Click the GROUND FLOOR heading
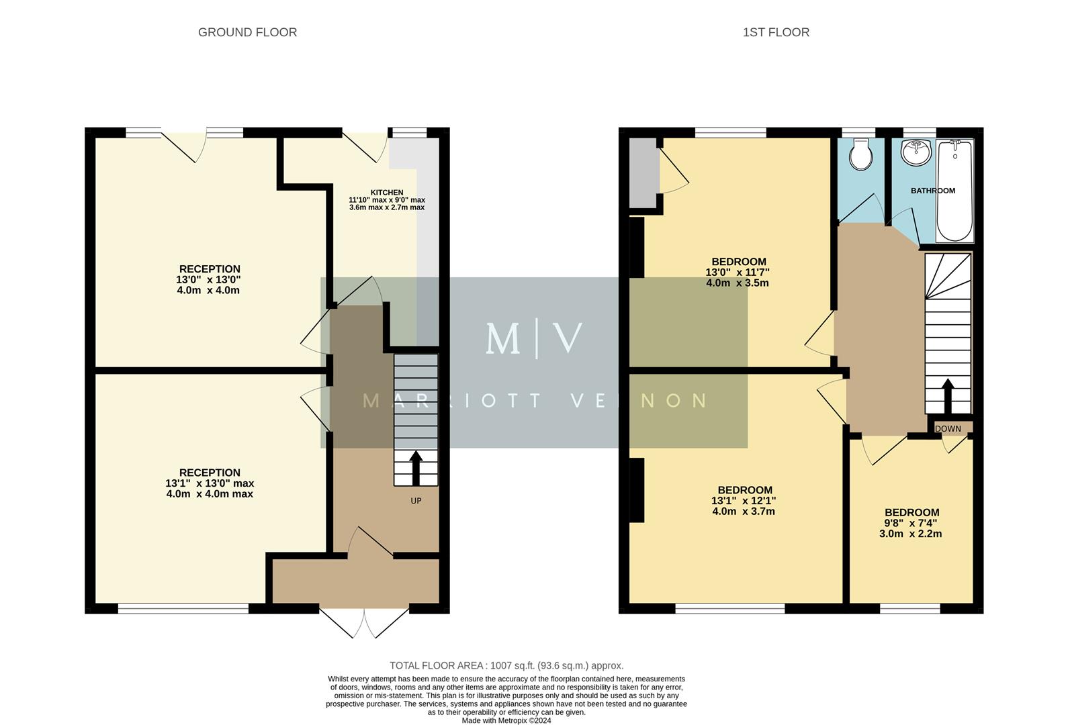(x=247, y=32)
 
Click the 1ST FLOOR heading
(x=776, y=32)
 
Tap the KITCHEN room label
(x=387, y=193)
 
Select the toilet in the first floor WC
(x=860, y=156)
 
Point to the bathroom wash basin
(x=916, y=152)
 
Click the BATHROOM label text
(x=932, y=191)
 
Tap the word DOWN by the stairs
(x=948, y=429)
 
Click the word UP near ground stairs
(x=416, y=501)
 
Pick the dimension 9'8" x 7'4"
(x=910, y=523)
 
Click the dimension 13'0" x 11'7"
(x=737, y=273)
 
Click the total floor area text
(x=506, y=666)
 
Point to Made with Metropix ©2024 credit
(x=506, y=720)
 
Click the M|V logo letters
(x=534, y=339)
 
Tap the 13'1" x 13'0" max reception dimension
(x=210, y=483)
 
